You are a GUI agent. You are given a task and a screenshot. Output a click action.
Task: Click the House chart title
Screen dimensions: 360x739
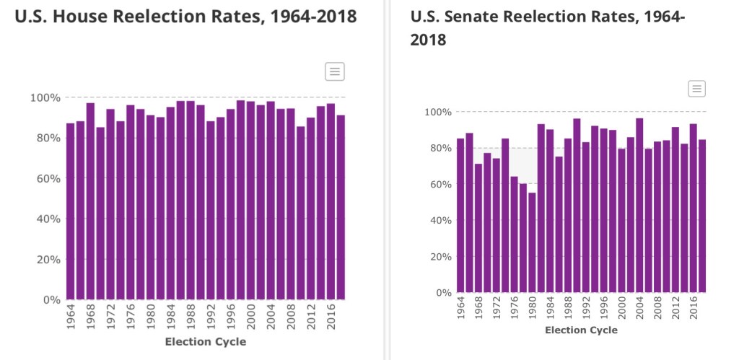click(x=185, y=17)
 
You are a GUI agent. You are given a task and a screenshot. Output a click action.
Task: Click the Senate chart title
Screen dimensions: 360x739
click(x=547, y=27)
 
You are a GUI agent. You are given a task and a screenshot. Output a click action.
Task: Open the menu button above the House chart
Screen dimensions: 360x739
click(x=335, y=71)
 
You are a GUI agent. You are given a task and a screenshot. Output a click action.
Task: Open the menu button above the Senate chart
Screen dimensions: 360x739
click(x=696, y=89)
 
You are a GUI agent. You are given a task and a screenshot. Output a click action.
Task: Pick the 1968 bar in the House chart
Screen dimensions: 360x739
click(x=90, y=201)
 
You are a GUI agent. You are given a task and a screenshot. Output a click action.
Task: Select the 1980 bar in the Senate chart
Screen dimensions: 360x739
click(x=532, y=242)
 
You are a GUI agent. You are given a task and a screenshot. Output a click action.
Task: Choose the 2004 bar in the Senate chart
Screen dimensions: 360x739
click(x=639, y=205)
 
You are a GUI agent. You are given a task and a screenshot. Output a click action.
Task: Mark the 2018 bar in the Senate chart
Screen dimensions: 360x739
click(x=702, y=216)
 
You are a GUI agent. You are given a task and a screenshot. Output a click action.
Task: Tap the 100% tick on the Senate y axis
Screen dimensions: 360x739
click(x=437, y=112)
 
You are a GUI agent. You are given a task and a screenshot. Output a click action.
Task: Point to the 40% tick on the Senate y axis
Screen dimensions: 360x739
click(x=440, y=220)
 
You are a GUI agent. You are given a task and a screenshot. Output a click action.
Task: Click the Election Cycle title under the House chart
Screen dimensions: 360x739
click(x=206, y=342)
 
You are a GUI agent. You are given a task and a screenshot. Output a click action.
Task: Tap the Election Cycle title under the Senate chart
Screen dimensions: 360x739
click(x=581, y=330)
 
